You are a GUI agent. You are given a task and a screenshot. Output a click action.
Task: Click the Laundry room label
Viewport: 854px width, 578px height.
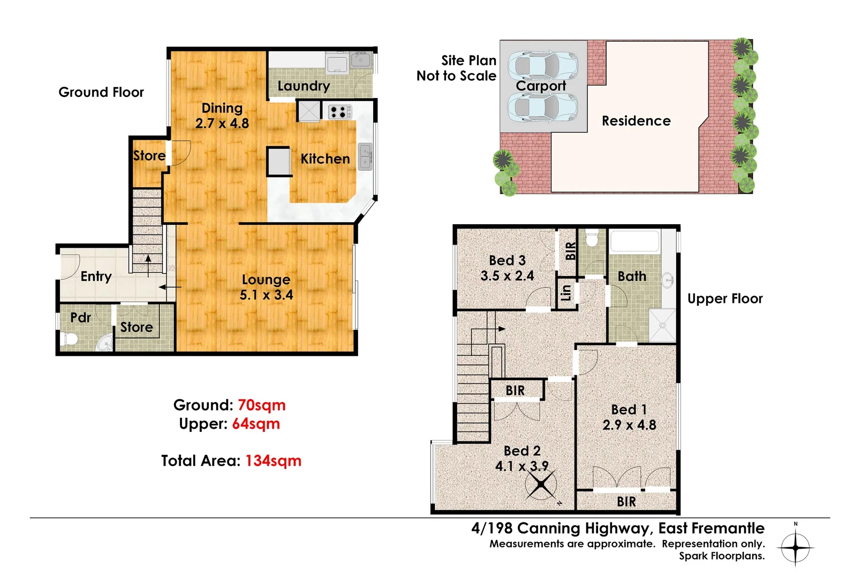(x=304, y=86)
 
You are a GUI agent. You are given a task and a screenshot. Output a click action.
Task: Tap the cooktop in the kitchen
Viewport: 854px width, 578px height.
(x=339, y=112)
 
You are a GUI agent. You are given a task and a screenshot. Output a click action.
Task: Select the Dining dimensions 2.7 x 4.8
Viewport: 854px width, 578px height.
(x=222, y=124)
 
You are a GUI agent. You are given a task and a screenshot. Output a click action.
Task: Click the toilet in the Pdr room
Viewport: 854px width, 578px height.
(x=69, y=339)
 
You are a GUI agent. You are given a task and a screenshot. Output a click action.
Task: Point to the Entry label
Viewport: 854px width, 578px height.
(x=96, y=277)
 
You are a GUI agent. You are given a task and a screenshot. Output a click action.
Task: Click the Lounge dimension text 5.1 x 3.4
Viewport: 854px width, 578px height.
(x=266, y=295)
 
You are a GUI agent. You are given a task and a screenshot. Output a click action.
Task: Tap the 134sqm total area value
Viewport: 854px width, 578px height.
(x=273, y=461)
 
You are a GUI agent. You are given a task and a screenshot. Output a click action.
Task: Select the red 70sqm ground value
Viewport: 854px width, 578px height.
(x=261, y=405)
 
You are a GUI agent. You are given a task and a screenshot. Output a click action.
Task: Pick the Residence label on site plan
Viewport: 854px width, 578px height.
(x=636, y=121)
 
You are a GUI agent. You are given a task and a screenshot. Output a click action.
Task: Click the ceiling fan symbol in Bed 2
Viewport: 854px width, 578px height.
(x=541, y=484)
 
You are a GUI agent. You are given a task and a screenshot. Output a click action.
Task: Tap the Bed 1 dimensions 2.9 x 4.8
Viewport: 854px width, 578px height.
(x=629, y=425)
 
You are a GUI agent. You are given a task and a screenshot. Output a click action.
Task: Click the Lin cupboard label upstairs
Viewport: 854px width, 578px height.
(x=566, y=293)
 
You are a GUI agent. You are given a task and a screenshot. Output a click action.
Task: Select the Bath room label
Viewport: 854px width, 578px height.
(x=632, y=277)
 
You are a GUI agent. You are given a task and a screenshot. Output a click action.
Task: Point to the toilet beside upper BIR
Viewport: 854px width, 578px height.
(x=592, y=239)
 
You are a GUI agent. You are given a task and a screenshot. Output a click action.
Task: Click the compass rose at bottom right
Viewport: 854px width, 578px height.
(x=796, y=548)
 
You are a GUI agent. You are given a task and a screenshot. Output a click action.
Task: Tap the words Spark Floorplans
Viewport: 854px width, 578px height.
(x=722, y=556)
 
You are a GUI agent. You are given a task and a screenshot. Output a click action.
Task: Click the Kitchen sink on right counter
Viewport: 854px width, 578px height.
(x=365, y=157)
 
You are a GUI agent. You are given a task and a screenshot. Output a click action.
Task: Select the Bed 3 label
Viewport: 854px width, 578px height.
(x=507, y=261)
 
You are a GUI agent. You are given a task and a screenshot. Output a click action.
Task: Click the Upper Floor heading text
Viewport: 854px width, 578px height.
(x=725, y=299)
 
